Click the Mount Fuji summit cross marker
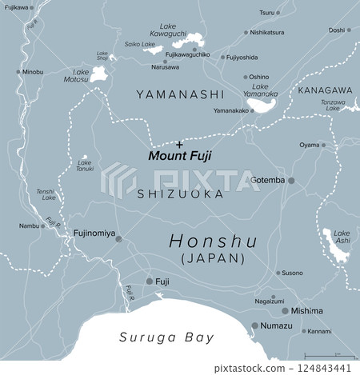click(179, 142)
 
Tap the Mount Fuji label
click(180, 155)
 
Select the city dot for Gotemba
click(291, 181)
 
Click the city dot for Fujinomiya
click(118, 238)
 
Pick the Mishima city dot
click(285, 311)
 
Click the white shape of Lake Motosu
click(100, 75)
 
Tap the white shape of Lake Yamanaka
click(264, 102)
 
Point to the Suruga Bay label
click(166, 337)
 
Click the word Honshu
click(212, 241)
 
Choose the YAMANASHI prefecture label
click(179, 94)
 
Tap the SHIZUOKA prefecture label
click(179, 194)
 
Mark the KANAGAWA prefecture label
click(324, 90)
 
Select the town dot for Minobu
click(18, 72)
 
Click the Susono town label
click(292, 273)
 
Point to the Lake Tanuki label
click(85, 166)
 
